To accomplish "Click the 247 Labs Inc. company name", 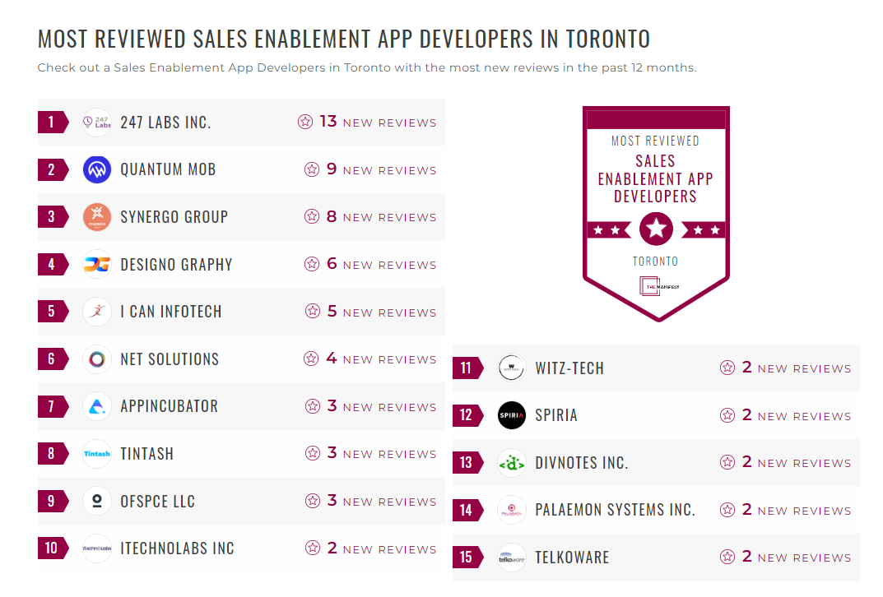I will click(165, 123).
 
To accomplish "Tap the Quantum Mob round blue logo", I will click(97, 170).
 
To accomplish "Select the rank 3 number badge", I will click(52, 217).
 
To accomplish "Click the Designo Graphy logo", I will click(97, 265).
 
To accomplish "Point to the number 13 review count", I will click(328, 122).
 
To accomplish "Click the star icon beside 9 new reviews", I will click(312, 169).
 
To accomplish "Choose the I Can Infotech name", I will click(171, 312).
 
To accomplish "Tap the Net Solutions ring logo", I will click(97, 359).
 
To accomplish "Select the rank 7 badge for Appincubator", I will click(52, 406).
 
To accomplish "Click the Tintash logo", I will click(97, 454).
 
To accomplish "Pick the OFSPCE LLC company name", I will click(158, 502).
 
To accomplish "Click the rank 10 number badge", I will click(52, 548).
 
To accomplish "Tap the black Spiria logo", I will click(512, 415).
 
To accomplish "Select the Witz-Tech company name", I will click(569, 368).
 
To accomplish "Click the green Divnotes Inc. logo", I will click(512, 463).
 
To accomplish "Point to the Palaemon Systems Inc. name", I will click(615, 510).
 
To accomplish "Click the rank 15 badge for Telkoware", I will click(467, 558).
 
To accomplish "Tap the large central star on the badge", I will click(656, 229).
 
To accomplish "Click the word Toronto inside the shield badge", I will click(656, 261).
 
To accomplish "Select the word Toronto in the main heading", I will click(608, 39).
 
